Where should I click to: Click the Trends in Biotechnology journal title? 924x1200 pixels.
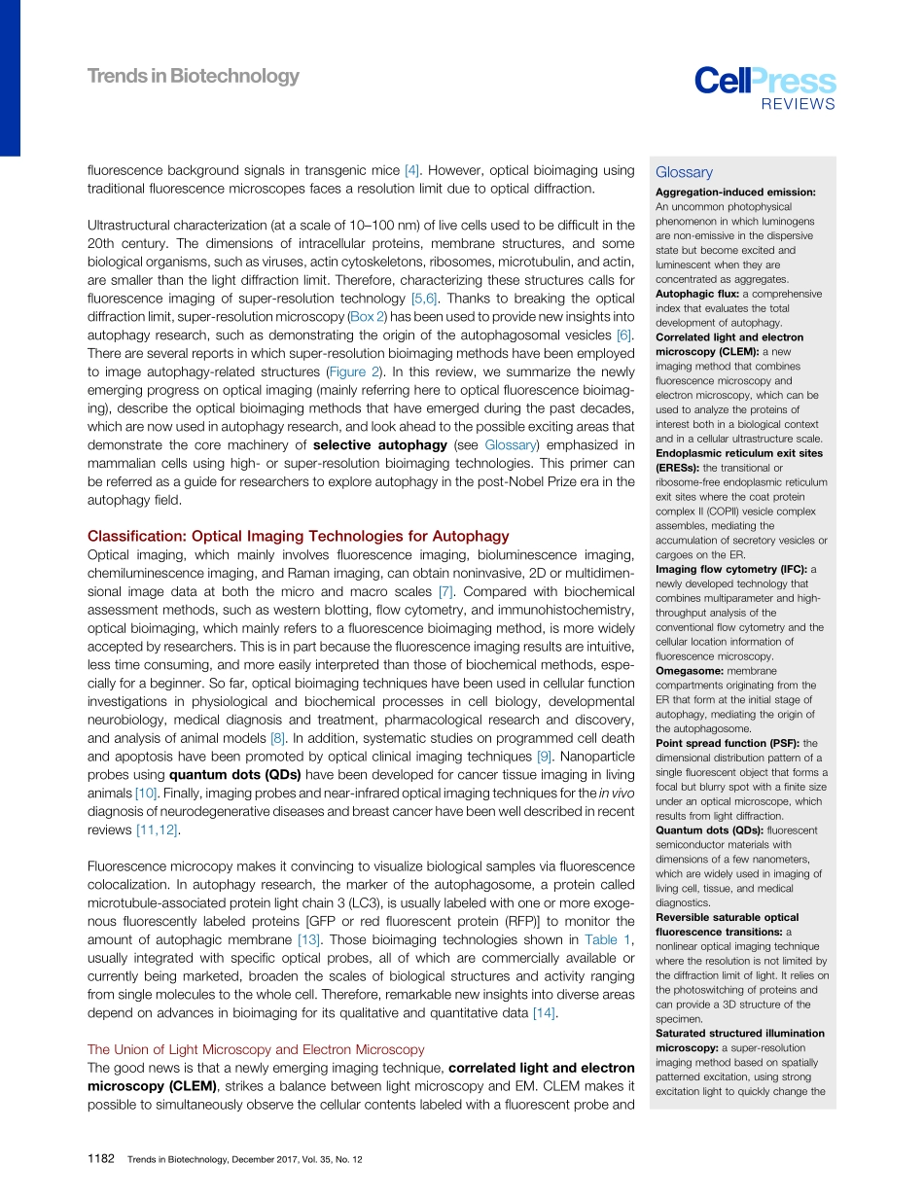(x=194, y=76)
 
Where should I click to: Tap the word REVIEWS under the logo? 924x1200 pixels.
(x=798, y=105)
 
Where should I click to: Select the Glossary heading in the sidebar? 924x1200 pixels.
(x=684, y=172)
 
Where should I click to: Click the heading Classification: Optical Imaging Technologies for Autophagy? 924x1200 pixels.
(x=299, y=536)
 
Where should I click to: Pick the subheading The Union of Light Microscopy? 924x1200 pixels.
(x=256, y=1049)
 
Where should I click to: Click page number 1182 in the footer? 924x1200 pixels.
(x=101, y=1159)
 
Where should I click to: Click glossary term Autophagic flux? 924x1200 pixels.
(x=696, y=294)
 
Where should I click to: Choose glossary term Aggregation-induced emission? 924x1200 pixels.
(x=735, y=192)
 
